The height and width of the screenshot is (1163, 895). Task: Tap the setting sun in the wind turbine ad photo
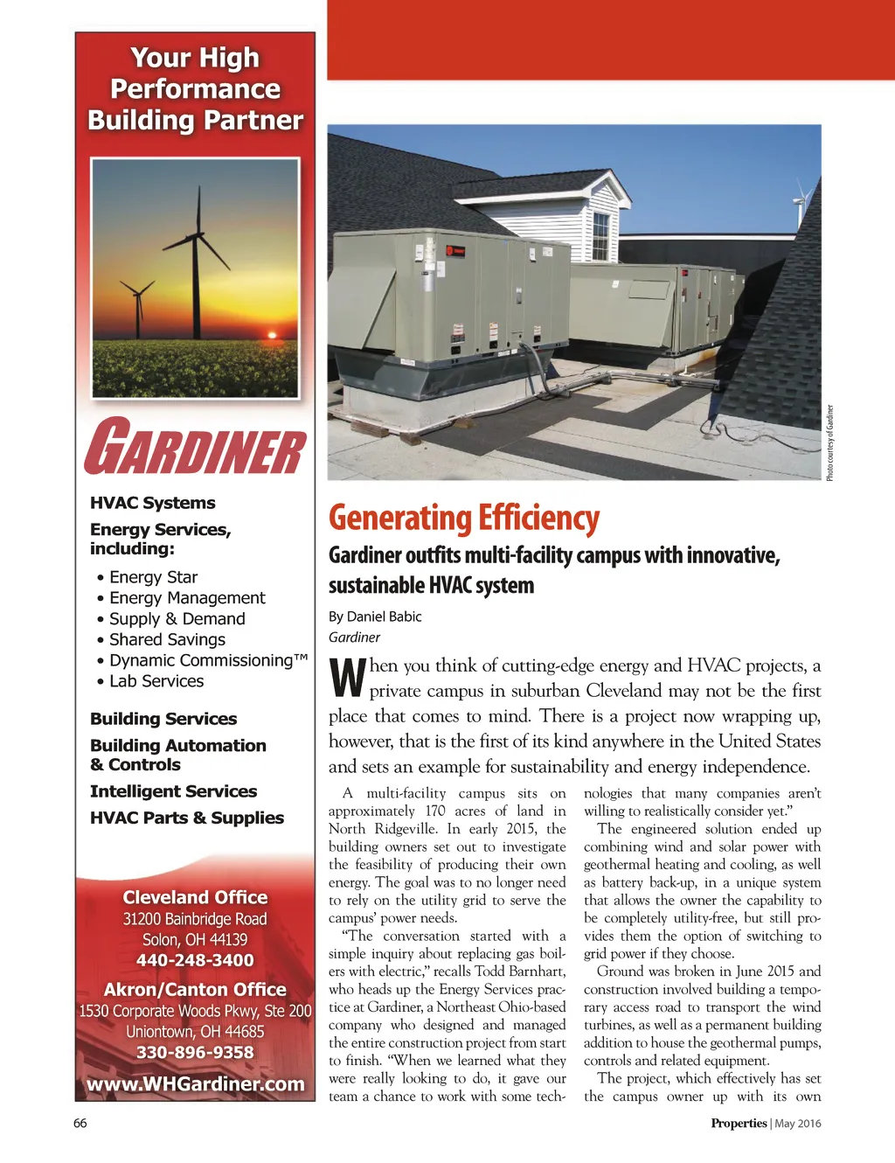pos(272,334)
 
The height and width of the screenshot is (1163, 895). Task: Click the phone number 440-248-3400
pos(195,960)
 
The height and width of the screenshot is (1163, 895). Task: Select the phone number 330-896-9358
pos(195,1053)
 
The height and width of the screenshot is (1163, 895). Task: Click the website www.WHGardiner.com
pos(196,1084)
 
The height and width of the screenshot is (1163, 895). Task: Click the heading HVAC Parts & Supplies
pos(187,818)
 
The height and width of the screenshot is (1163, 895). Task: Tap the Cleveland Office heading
pos(195,897)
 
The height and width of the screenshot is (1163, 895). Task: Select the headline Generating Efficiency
pos(464,519)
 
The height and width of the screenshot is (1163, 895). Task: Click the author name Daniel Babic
pos(385,616)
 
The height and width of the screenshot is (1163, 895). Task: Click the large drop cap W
pos(347,678)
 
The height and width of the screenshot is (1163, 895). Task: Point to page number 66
pos(80,1124)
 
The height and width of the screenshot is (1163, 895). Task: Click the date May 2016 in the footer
pos(798,1124)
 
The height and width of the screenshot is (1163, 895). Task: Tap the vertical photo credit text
pos(830,442)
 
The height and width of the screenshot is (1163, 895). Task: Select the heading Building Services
pos(163,719)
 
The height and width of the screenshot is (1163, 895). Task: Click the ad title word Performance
pos(195,89)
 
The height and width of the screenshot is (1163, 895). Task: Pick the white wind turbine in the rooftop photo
pos(800,201)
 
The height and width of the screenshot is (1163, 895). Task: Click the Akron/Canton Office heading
pos(195,990)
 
